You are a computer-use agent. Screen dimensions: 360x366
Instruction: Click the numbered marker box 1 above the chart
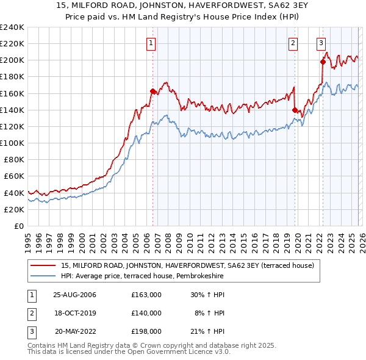[151, 43]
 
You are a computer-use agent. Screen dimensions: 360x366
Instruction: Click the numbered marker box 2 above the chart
[293, 43]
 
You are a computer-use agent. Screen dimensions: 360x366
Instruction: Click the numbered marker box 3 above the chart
[321, 43]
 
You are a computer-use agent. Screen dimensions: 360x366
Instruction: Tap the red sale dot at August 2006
[152, 91]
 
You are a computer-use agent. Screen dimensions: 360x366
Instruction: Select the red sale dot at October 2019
[295, 110]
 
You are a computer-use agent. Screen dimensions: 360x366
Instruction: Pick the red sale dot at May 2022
[323, 62]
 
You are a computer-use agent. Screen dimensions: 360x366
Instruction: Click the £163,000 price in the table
[146, 295]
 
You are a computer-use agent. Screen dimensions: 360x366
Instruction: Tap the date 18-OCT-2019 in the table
[77, 313]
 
